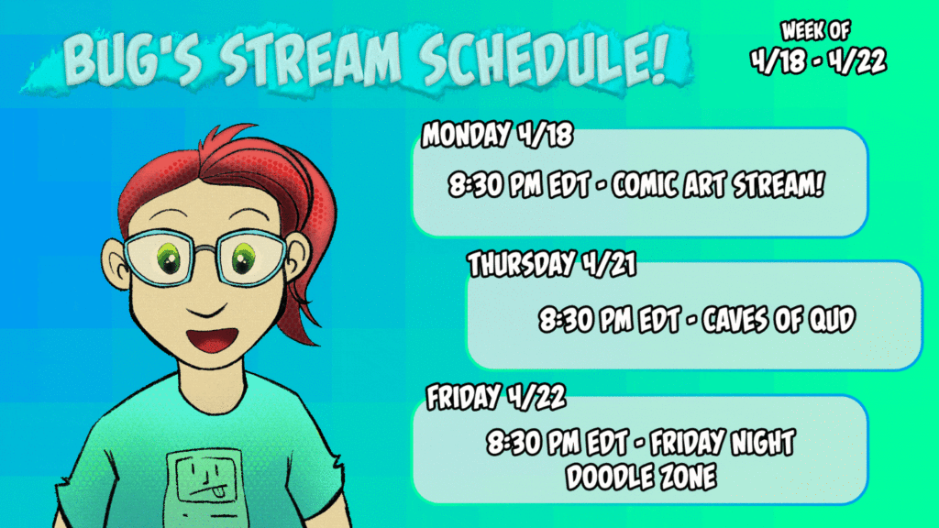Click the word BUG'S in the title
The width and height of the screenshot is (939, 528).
(132, 59)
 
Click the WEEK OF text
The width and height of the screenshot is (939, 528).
(815, 30)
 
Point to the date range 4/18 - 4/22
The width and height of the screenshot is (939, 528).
(818, 60)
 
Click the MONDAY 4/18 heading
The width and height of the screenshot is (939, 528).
(497, 134)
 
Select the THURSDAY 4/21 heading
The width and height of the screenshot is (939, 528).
(551, 264)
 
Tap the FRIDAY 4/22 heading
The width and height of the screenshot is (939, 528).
(496, 396)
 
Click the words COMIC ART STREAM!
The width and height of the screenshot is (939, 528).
(718, 184)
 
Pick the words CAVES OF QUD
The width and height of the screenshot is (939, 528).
(779, 320)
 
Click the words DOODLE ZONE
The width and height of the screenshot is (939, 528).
(641, 477)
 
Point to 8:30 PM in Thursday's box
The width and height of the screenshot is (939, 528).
(585, 320)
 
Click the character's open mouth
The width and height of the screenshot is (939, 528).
(212, 339)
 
